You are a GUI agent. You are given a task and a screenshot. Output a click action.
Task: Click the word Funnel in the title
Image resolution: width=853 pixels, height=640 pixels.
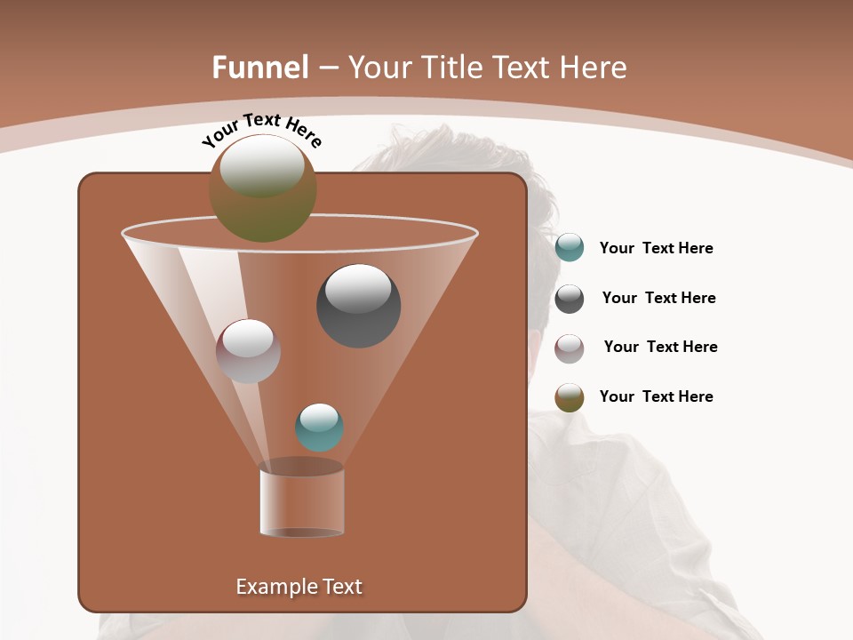[260, 68]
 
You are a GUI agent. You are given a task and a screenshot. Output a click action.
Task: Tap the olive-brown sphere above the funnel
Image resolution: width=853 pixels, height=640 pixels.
[263, 188]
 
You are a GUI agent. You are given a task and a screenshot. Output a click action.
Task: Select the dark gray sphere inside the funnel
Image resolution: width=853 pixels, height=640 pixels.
[359, 305]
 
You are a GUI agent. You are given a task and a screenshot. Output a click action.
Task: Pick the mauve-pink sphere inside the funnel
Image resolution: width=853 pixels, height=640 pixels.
[248, 350]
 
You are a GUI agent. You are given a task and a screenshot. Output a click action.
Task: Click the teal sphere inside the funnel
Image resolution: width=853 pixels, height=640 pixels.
[319, 427]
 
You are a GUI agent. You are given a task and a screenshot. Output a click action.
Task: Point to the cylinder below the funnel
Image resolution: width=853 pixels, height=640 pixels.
[301, 502]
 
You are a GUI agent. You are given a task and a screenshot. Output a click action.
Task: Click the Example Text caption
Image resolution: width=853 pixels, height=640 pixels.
[299, 587]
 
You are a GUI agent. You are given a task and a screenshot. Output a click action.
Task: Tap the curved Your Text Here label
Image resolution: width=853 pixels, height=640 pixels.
[261, 130]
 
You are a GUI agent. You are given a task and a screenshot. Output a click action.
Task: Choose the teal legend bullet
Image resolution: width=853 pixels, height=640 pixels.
[570, 248]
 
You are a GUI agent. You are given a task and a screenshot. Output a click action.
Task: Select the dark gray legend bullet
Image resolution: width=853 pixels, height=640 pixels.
[570, 299]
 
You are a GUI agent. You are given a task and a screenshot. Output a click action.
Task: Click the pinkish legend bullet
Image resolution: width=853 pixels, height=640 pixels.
[570, 348]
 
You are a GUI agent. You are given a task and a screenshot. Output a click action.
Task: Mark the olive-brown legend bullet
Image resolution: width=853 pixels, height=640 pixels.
[570, 397]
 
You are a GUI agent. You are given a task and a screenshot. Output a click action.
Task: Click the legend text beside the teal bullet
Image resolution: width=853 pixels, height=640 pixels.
[656, 249]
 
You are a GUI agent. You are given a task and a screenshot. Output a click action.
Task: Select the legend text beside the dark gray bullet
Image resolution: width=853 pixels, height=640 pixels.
[658, 299]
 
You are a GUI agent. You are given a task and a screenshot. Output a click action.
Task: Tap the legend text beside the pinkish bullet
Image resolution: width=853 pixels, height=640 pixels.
[660, 348]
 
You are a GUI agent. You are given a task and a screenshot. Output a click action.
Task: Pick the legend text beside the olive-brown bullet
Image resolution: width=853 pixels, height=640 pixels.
[656, 396]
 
